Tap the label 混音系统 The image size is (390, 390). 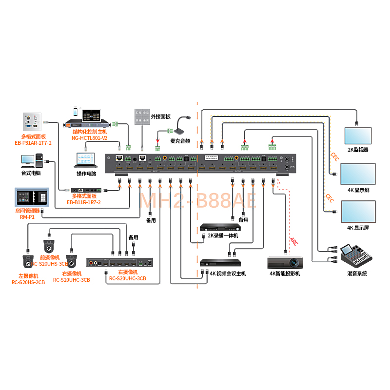pyautogui.click(x=357, y=273)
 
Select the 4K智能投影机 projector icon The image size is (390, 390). pyautogui.click(x=286, y=262)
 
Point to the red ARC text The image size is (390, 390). pyautogui.click(x=293, y=241)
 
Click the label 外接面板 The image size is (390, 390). pyautogui.click(x=161, y=117)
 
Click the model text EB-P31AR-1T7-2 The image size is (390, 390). pyautogui.click(x=33, y=142)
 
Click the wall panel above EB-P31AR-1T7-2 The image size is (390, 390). pyautogui.click(x=33, y=121)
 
